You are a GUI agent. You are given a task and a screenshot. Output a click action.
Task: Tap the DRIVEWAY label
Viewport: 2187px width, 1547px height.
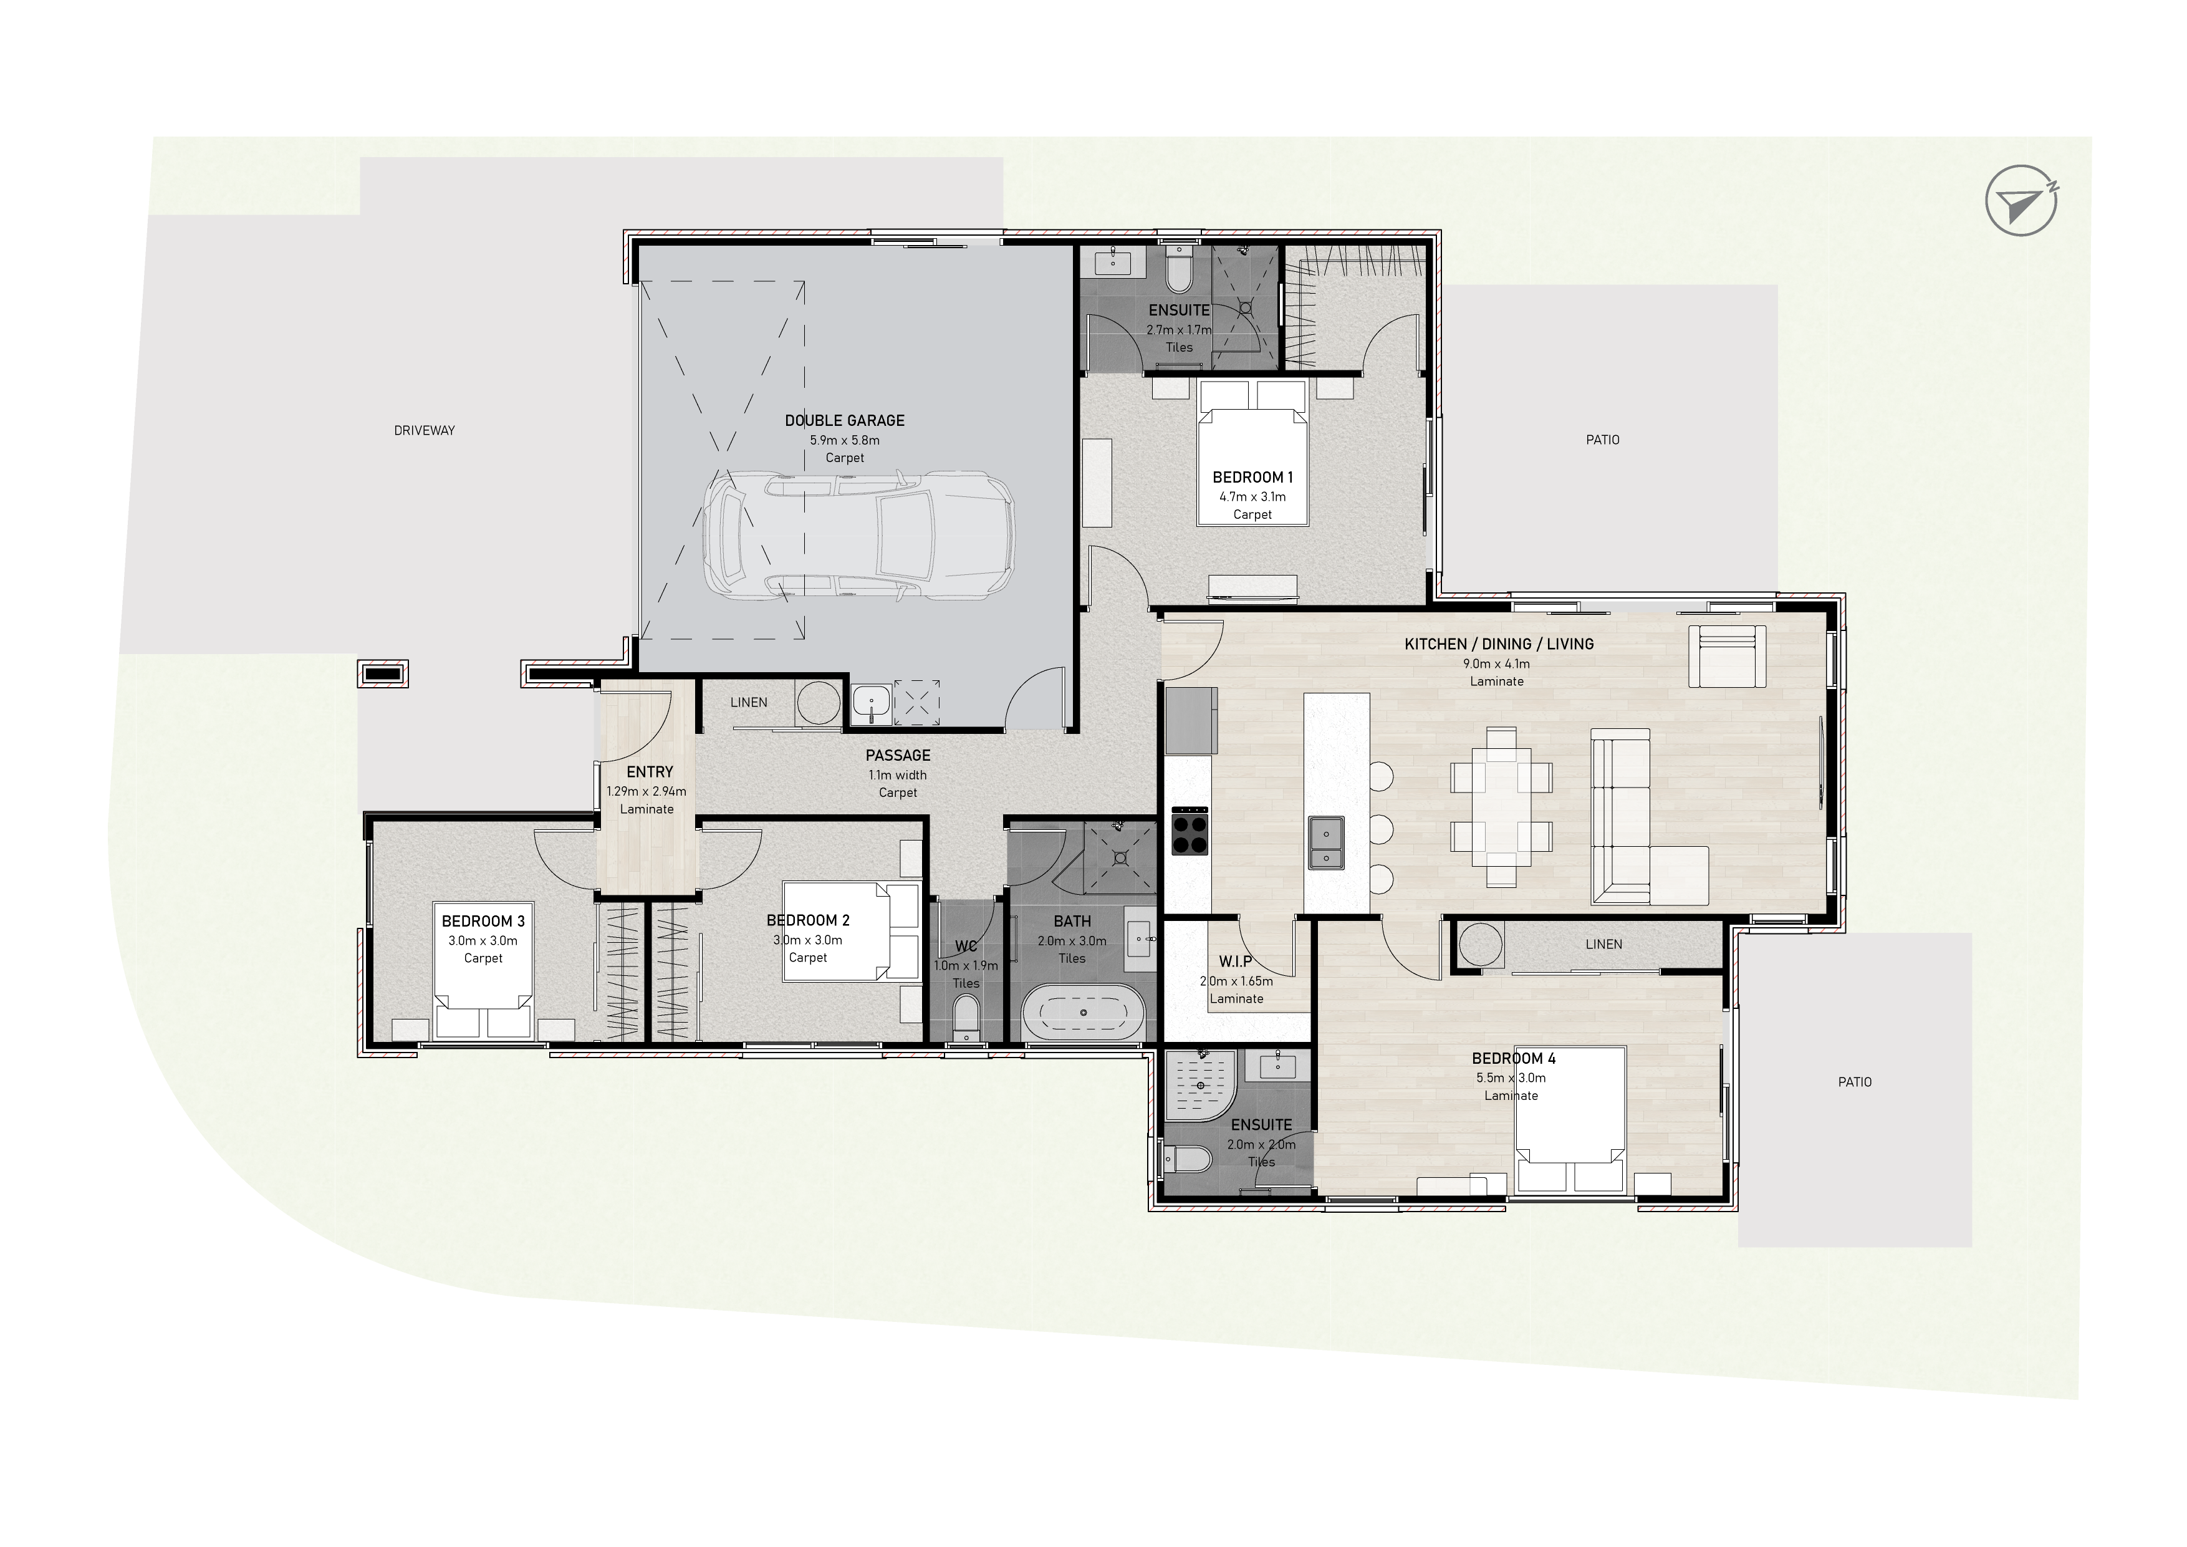424,431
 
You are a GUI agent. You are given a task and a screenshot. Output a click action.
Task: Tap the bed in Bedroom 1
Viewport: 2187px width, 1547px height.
1252,453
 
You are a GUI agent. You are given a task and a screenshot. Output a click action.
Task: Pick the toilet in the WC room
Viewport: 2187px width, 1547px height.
966,1018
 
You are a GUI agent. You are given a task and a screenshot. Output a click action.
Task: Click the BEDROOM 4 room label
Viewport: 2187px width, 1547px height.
1514,1058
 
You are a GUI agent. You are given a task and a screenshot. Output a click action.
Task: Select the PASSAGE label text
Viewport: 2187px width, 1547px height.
898,755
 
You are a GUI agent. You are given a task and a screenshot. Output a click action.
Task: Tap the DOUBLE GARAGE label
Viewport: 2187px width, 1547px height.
845,420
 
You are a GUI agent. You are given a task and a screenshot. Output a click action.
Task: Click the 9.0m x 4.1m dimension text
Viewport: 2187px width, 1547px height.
1496,664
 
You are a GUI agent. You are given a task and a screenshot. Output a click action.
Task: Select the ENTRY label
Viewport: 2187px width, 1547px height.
650,771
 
